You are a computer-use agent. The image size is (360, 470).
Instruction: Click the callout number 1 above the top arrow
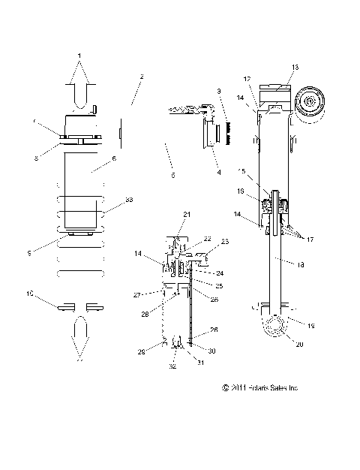point(81,55)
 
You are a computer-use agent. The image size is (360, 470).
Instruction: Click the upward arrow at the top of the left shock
point(81,75)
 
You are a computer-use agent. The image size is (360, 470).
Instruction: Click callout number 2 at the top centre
point(142,77)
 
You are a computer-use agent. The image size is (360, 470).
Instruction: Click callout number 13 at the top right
point(295,68)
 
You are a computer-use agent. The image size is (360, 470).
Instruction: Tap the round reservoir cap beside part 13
point(310,99)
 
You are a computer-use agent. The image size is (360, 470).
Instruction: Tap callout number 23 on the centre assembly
point(224,242)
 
